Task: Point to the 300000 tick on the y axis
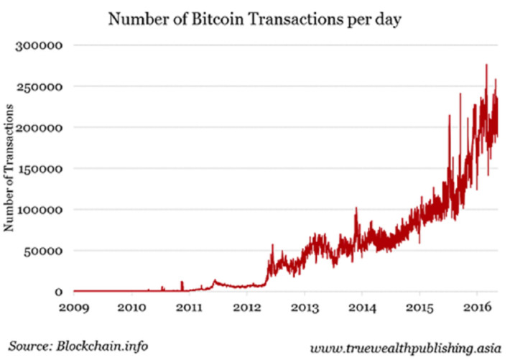tap(40, 45)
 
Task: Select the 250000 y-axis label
tap(40, 86)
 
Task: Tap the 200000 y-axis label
tap(40, 127)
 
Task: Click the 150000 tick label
tap(40, 169)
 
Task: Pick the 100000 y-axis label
tap(40, 210)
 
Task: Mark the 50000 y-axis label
tap(43, 251)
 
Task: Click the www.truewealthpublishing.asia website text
tap(405, 347)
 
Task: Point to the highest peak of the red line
tap(486, 65)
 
